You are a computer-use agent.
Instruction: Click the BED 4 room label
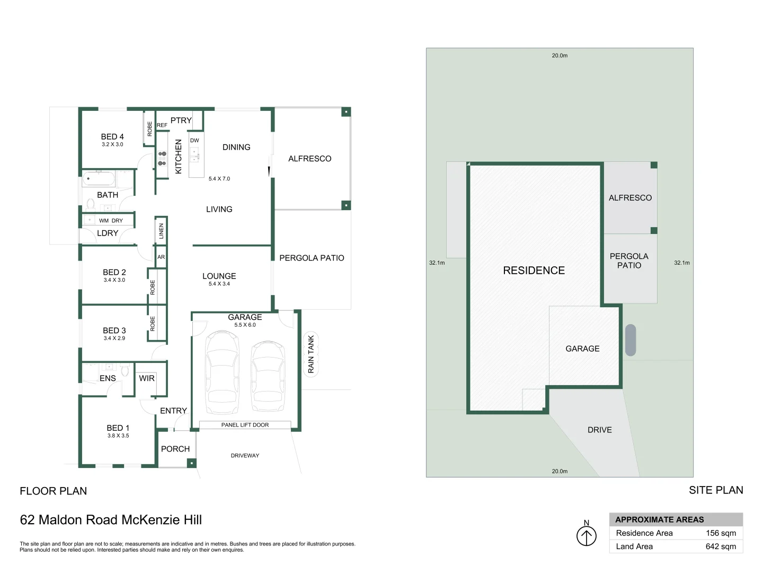tap(112, 137)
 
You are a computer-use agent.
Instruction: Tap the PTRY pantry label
tap(181, 120)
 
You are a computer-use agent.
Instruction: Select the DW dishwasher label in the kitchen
tap(194, 141)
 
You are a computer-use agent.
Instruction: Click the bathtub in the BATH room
tap(105, 179)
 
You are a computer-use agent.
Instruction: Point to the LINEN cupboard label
tap(161, 231)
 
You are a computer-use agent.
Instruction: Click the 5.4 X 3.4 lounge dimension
tap(219, 284)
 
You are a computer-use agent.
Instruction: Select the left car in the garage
tap(222, 371)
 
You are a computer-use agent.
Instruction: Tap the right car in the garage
tap(268, 376)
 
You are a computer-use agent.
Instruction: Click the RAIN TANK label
tap(311, 354)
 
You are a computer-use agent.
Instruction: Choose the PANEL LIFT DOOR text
tap(245, 425)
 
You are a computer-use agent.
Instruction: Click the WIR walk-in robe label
tap(147, 378)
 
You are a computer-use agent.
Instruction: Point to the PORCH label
tap(175, 449)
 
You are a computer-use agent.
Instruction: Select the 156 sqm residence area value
tap(721, 533)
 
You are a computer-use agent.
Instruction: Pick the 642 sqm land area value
tap(721, 546)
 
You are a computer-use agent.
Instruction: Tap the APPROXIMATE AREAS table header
tap(660, 519)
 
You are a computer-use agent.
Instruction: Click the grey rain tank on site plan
tap(631, 340)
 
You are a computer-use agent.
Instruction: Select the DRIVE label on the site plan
tap(599, 430)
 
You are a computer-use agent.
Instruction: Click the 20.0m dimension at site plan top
tap(560, 55)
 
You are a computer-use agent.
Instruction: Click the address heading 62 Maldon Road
tap(111, 520)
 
